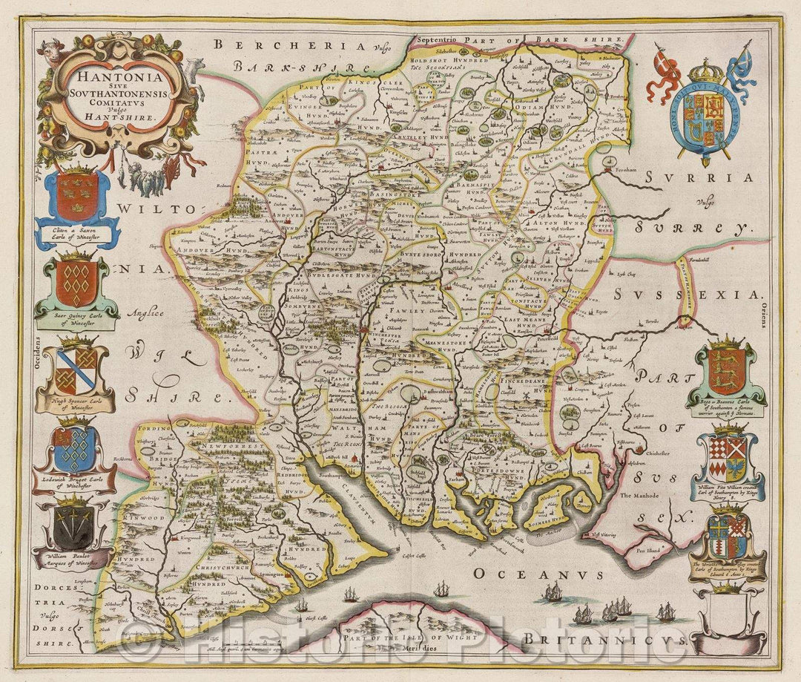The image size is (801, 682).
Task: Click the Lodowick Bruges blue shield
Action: click(75, 447)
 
